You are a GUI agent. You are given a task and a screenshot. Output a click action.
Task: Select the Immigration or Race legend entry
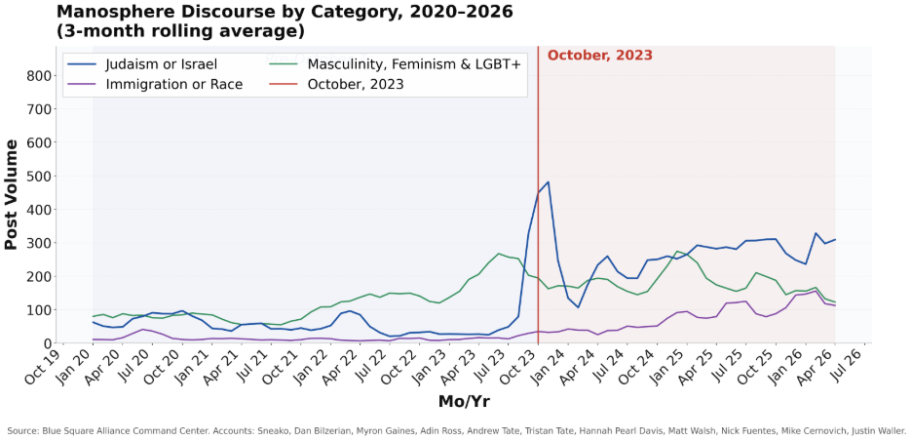(174, 85)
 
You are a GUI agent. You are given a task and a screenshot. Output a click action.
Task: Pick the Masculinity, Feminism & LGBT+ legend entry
(413, 64)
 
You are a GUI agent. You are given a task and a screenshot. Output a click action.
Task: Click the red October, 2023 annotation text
(599, 56)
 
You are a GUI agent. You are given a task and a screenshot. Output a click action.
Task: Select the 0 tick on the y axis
(45, 343)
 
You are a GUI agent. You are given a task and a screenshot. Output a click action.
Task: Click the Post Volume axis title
(13, 195)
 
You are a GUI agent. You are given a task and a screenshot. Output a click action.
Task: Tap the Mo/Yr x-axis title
(465, 400)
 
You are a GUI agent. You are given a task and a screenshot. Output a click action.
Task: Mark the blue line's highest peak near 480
(548, 181)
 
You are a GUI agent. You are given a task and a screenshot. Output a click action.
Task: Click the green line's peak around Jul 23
(500, 254)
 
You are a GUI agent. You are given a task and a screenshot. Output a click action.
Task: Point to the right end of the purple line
(835, 306)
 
